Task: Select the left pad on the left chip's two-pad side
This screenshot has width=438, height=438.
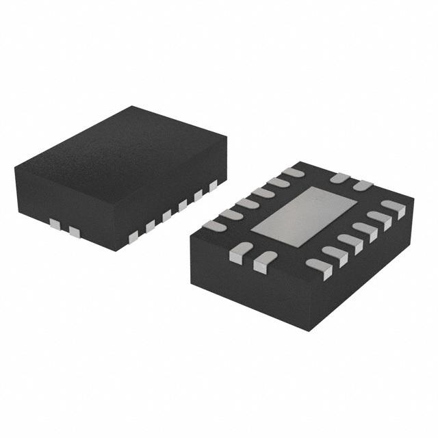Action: pyautogui.click(x=55, y=223)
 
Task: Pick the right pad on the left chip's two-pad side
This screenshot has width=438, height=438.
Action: pyautogui.click(x=74, y=233)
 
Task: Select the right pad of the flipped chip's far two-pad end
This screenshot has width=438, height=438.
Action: pyautogui.click(x=362, y=185)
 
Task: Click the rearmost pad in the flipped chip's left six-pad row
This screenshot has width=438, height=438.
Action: pyautogui.click(x=293, y=172)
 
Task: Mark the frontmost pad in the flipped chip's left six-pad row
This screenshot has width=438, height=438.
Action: pyautogui.click(x=214, y=225)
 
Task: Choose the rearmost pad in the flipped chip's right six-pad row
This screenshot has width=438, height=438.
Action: pyautogui.click(x=394, y=207)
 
